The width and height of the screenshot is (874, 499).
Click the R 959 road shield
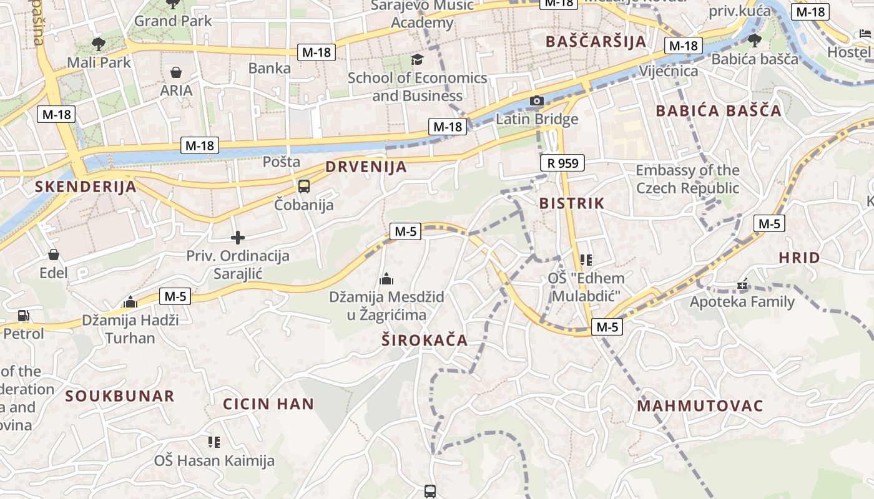coord(562,163)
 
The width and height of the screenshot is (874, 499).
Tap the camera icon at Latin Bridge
coord(536,100)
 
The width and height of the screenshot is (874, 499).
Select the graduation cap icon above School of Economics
coord(416,59)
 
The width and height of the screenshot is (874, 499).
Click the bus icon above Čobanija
coord(304,186)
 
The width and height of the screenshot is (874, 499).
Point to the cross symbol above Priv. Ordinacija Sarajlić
coord(237,238)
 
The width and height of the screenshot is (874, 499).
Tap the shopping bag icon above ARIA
coord(176,72)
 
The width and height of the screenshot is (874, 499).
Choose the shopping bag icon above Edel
coord(54,254)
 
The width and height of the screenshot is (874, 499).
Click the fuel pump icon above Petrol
coord(23,316)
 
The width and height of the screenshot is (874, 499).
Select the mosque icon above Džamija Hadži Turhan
coord(130,303)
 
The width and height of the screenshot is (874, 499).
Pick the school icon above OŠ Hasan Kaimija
coord(214,442)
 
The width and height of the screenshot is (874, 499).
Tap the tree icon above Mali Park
coord(98,44)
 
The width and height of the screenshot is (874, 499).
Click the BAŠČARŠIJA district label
coord(596,42)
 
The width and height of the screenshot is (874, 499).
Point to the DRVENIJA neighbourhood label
coord(366,167)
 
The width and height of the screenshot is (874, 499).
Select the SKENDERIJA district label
coord(85,187)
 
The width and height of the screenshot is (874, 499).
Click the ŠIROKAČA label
coord(425,340)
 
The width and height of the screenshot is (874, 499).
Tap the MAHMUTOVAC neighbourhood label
coord(700,406)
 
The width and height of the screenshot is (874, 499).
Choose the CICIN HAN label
coord(268,404)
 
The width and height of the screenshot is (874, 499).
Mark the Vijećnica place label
coord(669,71)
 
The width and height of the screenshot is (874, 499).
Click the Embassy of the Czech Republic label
coord(687,179)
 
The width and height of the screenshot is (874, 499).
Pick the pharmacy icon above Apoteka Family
coord(742,284)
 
